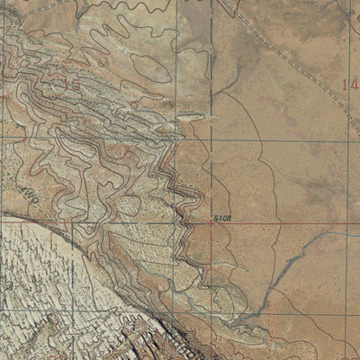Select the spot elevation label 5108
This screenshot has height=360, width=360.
point(223,218)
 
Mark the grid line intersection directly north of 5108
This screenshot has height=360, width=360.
point(212,138)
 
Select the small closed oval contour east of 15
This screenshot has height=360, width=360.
point(144,63)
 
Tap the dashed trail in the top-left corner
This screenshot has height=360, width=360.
point(27,9)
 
